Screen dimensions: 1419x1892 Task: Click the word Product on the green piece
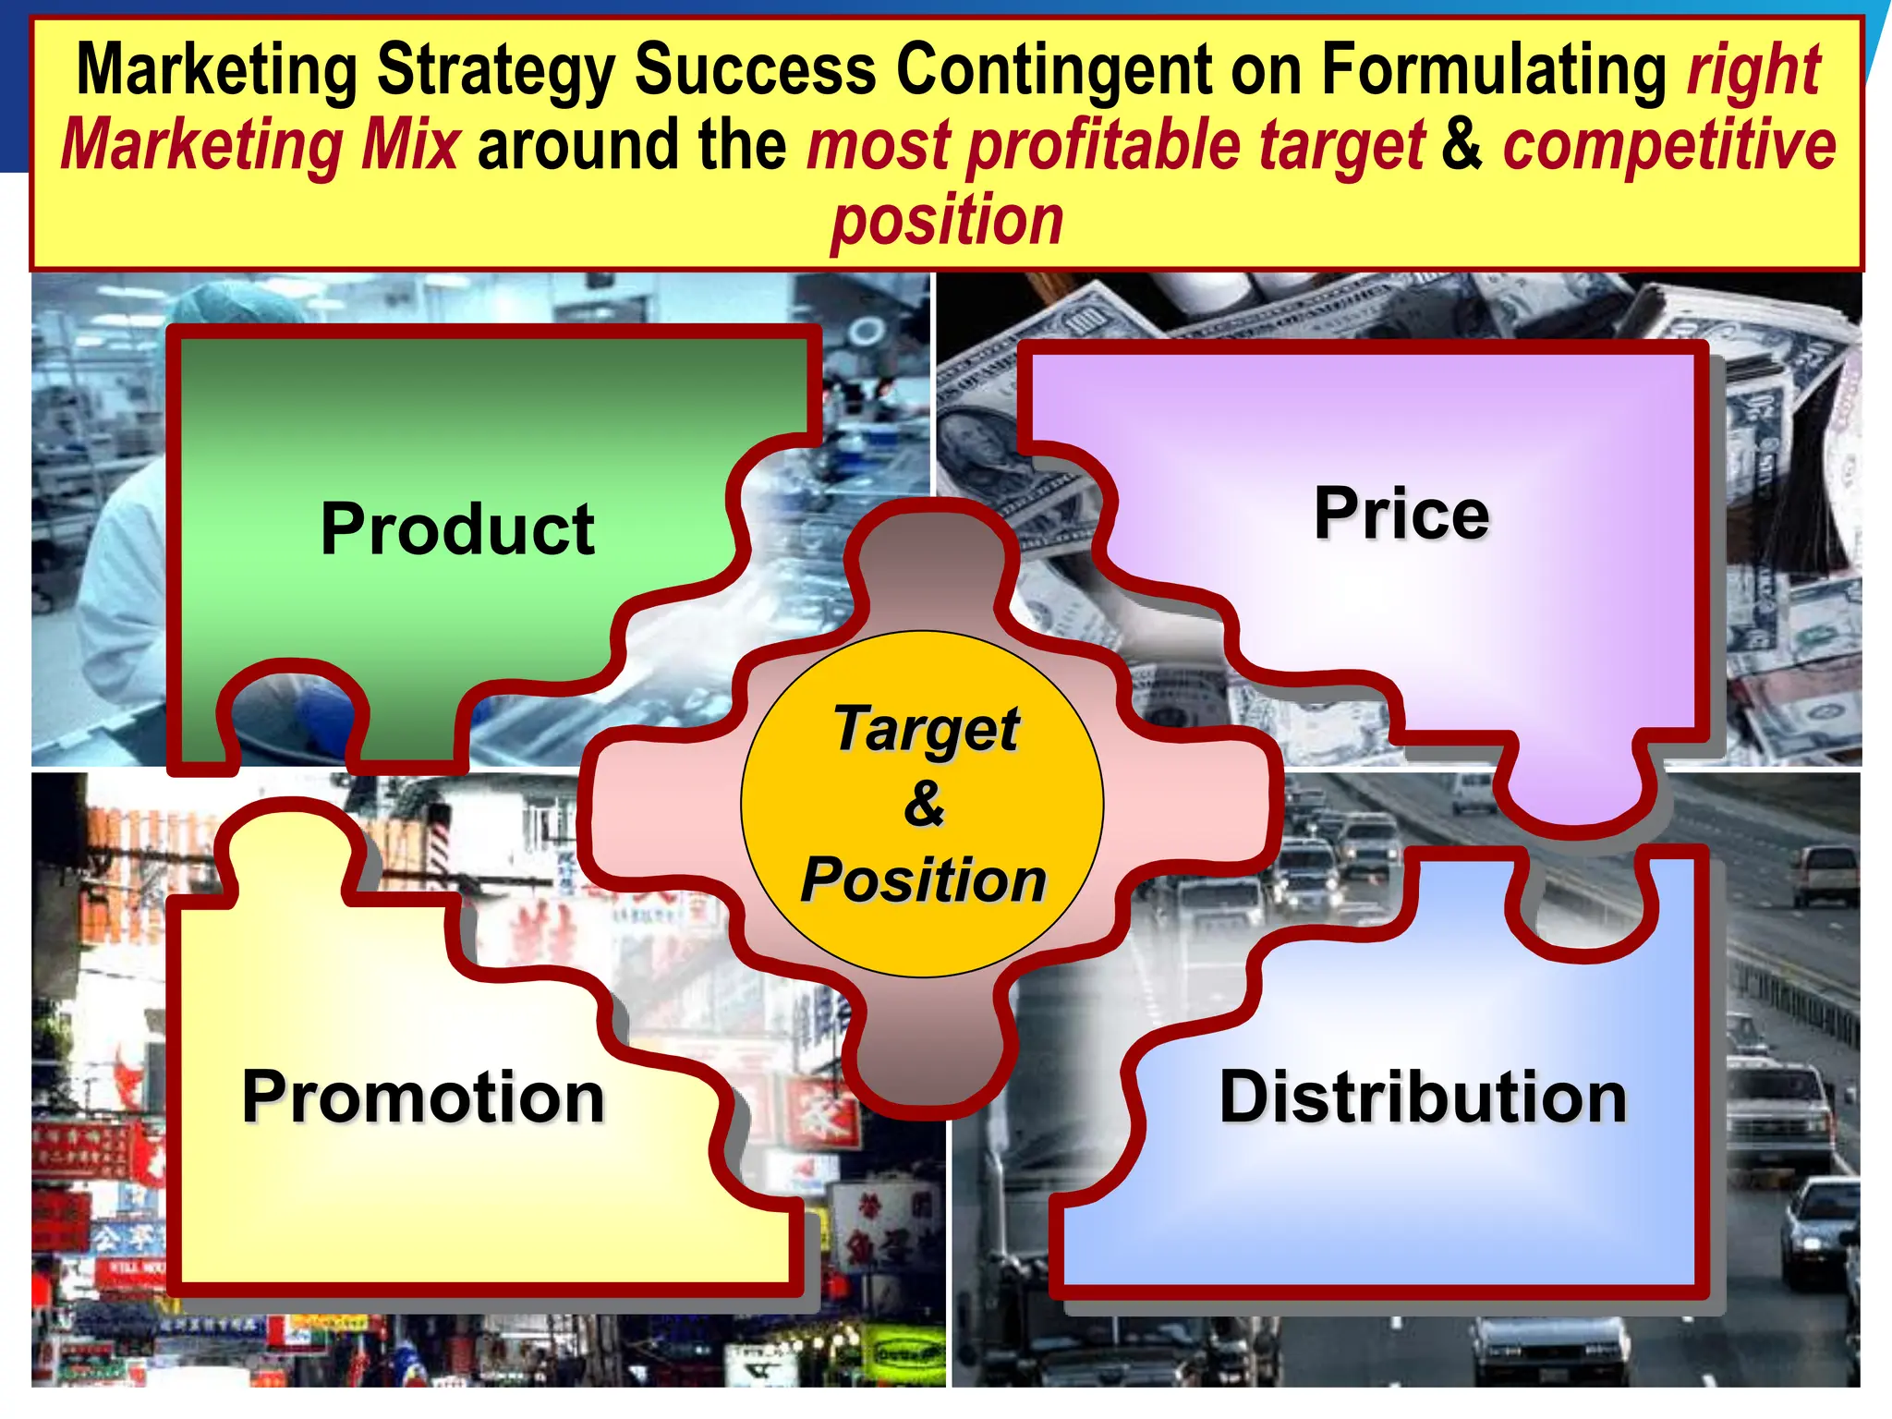[x=457, y=529]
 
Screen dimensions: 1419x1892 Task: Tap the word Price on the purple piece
[x=1401, y=514]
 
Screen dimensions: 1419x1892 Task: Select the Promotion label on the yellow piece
[x=423, y=1097]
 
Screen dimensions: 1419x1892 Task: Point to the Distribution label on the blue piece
[x=1423, y=1097]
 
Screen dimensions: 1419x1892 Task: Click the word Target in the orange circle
[x=926, y=730]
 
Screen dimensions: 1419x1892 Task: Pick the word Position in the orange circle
[x=923, y=879]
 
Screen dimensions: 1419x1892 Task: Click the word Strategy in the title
[x=497, y=71]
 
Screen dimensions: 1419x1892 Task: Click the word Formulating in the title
[x=1495, y=71]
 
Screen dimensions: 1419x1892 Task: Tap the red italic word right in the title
[x=1753, y=71]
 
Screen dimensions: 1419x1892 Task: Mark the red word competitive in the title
[x=1668, y=147]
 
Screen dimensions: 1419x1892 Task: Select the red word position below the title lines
[x=947, y=222]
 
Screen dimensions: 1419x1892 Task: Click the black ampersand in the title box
[x=1461, y=145]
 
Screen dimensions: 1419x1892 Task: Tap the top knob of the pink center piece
[x=936, y=554]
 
